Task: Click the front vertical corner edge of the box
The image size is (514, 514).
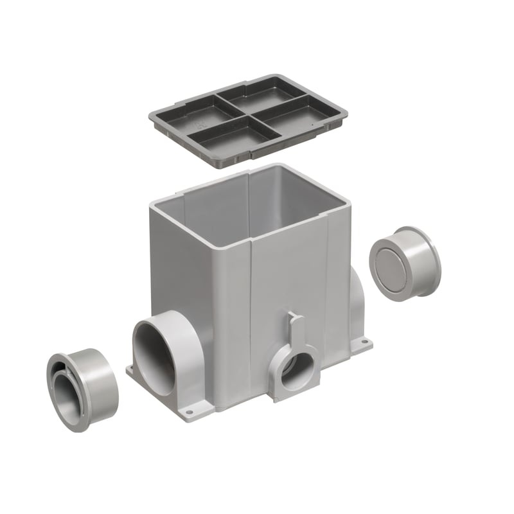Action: (x=251, y=321)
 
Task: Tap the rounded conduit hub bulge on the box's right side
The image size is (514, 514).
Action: (x=357, y=302)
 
